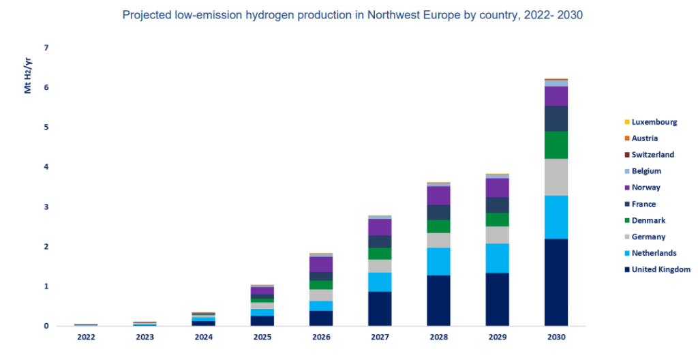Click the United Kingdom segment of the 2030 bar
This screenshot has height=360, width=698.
click(x=556, y=282)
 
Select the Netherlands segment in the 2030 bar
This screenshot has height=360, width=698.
click(x=556, y=217)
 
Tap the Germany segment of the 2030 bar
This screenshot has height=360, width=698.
click(x=556, y=177)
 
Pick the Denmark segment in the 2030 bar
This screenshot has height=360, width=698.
click(x=556, y=145)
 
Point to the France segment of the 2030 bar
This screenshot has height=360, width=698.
click(x=556, y=118)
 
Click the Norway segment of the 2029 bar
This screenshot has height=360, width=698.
click(x=497, y=187)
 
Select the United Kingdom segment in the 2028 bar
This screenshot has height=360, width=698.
click(x=438, y=300)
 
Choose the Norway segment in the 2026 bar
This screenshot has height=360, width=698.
click(x=321, y=264)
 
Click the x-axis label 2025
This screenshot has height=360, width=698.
click(x=262, y=337)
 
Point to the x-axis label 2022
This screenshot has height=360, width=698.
click(x=86, y=337)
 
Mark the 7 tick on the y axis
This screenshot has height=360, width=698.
click(x=46, y=48)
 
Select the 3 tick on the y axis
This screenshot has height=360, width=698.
click(x=46, y=207)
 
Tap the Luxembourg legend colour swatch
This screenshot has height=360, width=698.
click(x=626, y=122)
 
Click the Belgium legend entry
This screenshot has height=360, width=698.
click(x=646, y=171)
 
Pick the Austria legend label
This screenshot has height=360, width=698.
click(x=645, y=138)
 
